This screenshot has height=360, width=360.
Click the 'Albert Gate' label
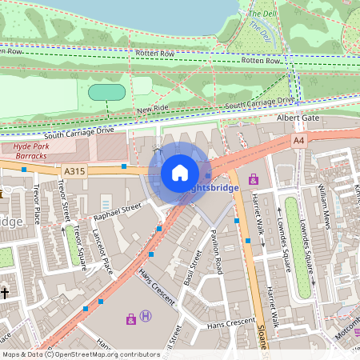click(x=297, y=118)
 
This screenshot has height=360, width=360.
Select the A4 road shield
click(x=298, y=140)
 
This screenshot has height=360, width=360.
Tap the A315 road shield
click(x=74, y=170)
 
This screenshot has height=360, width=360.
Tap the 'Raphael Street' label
click(x=117, y=210)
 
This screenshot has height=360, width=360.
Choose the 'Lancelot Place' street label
click(x=102, y=261)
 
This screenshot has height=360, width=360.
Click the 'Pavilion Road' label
click(x=216, y=250)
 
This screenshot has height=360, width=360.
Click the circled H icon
click(x=146, y=317)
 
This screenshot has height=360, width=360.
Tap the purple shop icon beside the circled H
click(x=131, y=319)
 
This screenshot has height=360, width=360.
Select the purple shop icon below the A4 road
click(x=254, y=178)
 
